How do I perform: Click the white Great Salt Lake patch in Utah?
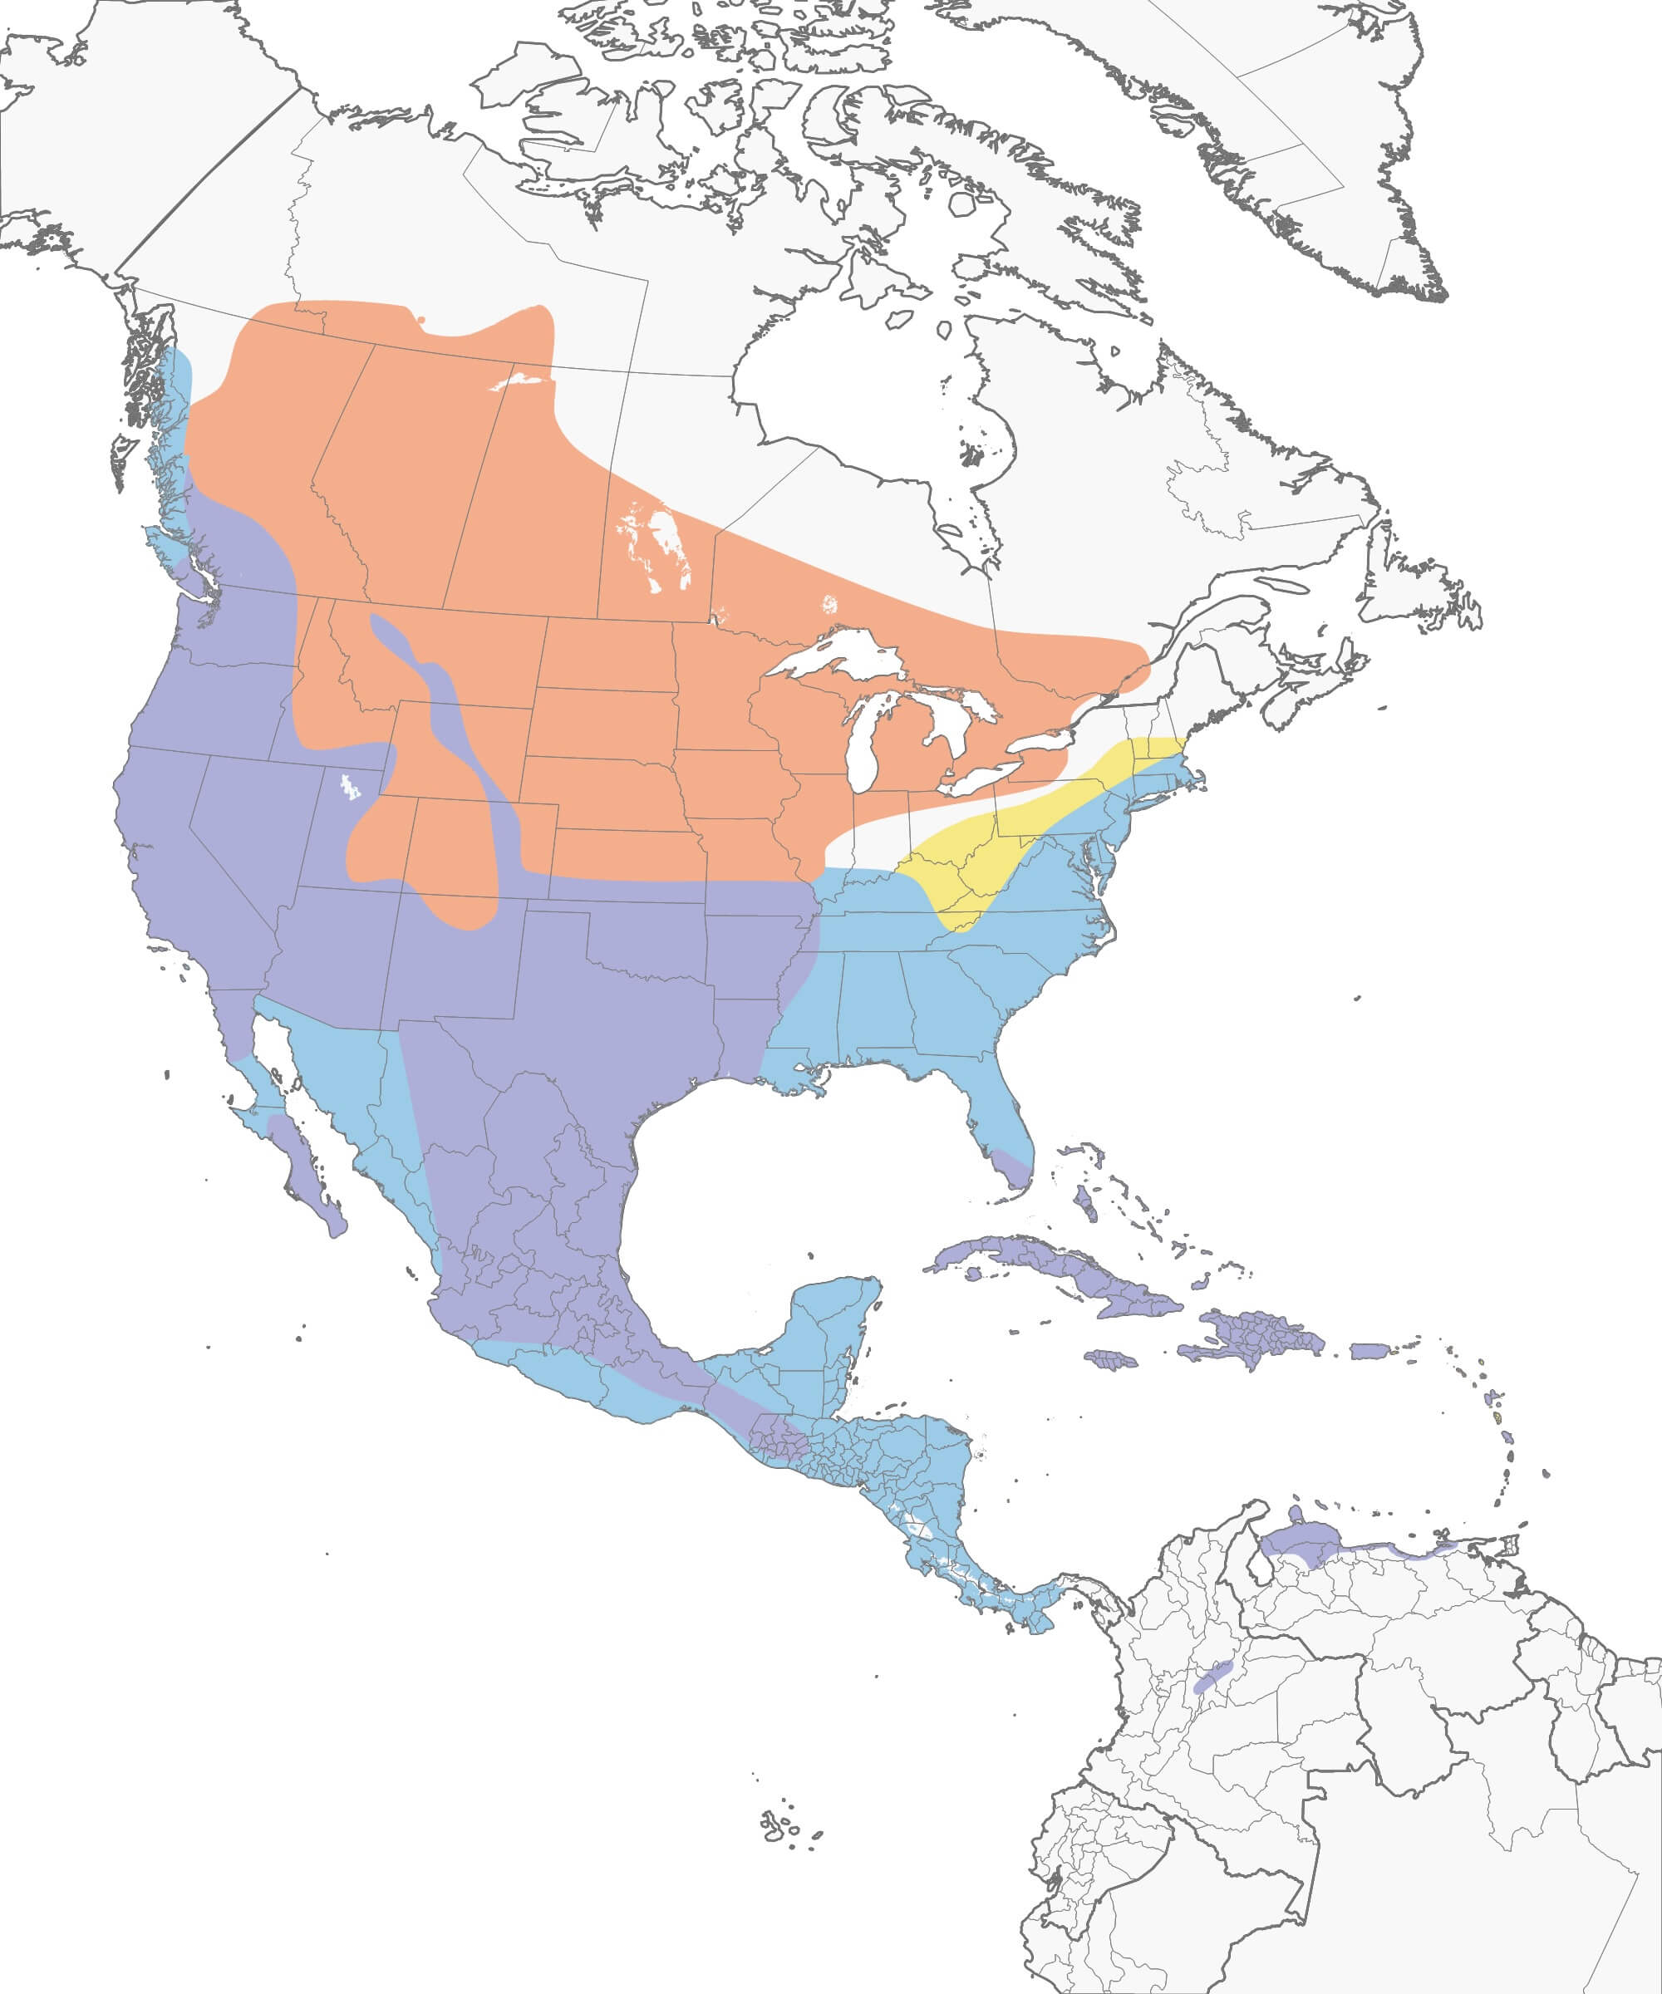point(351,786)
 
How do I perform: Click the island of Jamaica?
point(1111,1360)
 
